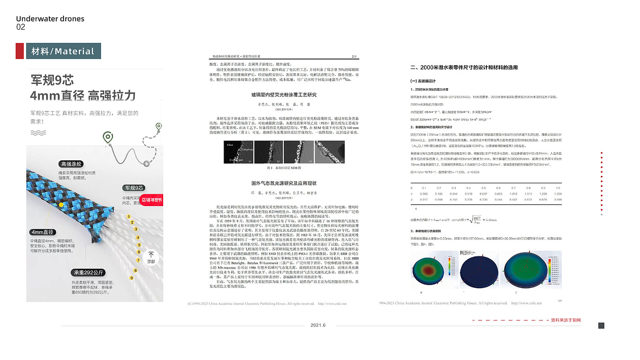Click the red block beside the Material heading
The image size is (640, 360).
click(x=20, y=51)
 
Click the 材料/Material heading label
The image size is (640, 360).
click(x=63, y=51)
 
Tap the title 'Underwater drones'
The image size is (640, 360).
click(x=50, y=19)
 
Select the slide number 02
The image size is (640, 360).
click(x=21, y=27)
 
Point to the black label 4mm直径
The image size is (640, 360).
click(x=43, y=232)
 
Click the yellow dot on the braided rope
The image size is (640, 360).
click(x=61, y=205)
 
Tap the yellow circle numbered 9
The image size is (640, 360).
click(x=132, y=277)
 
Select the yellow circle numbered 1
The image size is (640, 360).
click(x=129, y=217)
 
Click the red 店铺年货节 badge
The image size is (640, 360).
click(x=151, y=200)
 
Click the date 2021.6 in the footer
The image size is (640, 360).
click(x=318, y=325)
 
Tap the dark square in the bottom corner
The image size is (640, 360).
click(x=601, y=325)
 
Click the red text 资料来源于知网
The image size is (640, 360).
click(x=565, y=320)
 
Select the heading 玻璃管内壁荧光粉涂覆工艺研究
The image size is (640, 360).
click(x=283, y=95)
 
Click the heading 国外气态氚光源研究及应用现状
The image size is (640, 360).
click(x=283, y=183)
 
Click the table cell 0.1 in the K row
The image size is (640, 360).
click(x=424, y=188)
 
